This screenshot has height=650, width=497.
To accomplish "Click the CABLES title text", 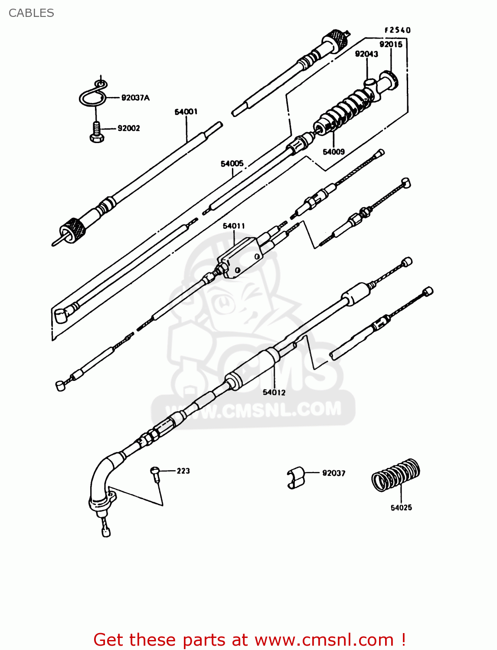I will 31,13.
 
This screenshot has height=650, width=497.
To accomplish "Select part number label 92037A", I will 135,98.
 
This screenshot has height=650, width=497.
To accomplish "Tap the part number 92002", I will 129,128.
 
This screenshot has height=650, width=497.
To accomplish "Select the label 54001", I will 186,112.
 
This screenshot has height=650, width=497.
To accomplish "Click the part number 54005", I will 232,163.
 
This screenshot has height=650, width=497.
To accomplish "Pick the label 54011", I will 234,226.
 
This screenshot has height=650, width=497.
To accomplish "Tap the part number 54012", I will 274,392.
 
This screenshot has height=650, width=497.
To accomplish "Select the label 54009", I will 334,152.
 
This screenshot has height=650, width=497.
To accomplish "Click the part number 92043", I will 366,54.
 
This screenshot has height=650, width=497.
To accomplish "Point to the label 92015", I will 391,44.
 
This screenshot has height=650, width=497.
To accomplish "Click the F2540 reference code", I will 397,30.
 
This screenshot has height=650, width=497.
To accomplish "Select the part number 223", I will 183,471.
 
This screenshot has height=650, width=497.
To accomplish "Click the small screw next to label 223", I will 155,473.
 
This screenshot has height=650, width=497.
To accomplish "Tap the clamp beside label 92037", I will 296,478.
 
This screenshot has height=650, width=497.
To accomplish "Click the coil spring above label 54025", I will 396,475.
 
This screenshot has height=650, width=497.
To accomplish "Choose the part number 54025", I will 401,507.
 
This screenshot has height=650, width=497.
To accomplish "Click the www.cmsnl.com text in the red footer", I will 323,640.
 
